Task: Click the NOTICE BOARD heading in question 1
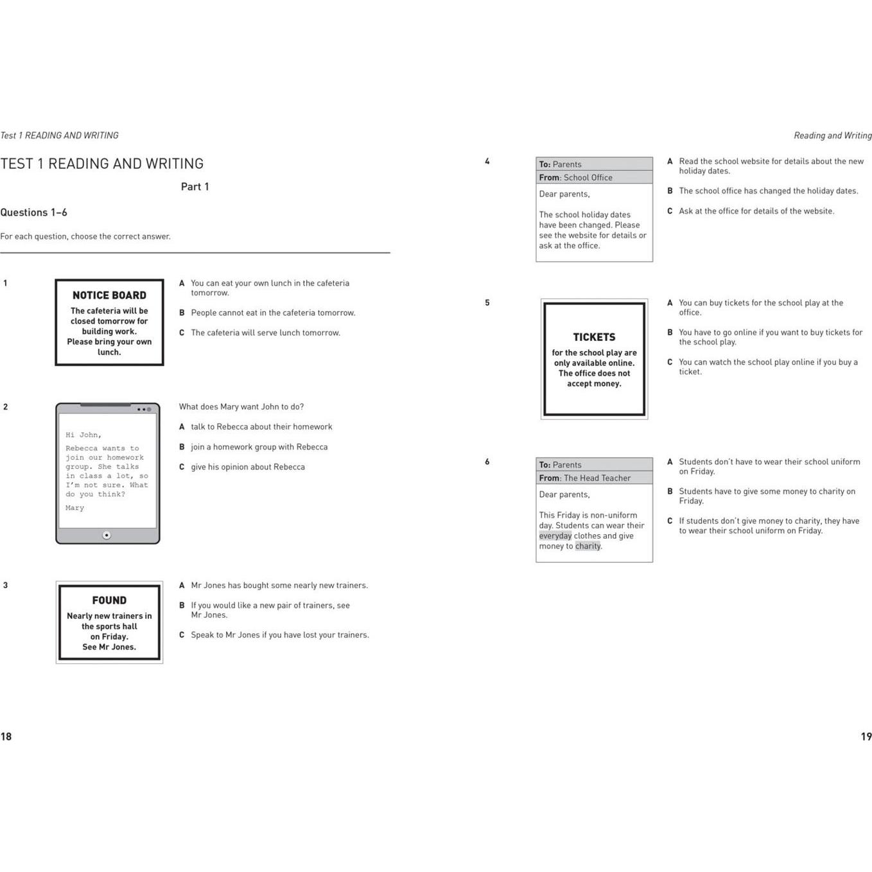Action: pyautogui.click(x=109, y=295)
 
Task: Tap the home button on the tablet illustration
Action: pyautogui.click(x=107, y=535)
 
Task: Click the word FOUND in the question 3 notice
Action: pyautogui.click(x=109, y=600)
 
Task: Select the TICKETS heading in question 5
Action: pyautogui.click(x=594, y=337)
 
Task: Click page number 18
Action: pyautogui.click(x=6, y=737)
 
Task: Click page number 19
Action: pyautogui.click(x=866, y=737)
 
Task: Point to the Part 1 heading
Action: pyautogui.click(x=195, y=187)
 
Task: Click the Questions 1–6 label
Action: pyautogui.click(x=34, y=213)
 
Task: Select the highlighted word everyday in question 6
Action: pyautogui.click(x=555, y=536)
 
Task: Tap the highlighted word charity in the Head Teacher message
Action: pyautogui.click(x=588, y=546)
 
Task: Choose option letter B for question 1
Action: pyautogui.click(x=182, y=313)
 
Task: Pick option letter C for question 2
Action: pyautogui.click(x=182, y=467)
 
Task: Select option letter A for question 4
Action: pyautogui.click(x=670, y=162)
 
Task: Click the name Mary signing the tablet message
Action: pyautogui.click(x=74, y=508)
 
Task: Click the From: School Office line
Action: pyautogui.click(x=576, y=178)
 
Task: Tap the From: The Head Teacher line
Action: pyautogui.click(x=585, y=478)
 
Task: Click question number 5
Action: pyautogui.click(x=487, y=303)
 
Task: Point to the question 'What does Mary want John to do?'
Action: pyautogui.click(x=241, y=407)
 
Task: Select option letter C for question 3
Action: pyautogui.click(x=182, y=635)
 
